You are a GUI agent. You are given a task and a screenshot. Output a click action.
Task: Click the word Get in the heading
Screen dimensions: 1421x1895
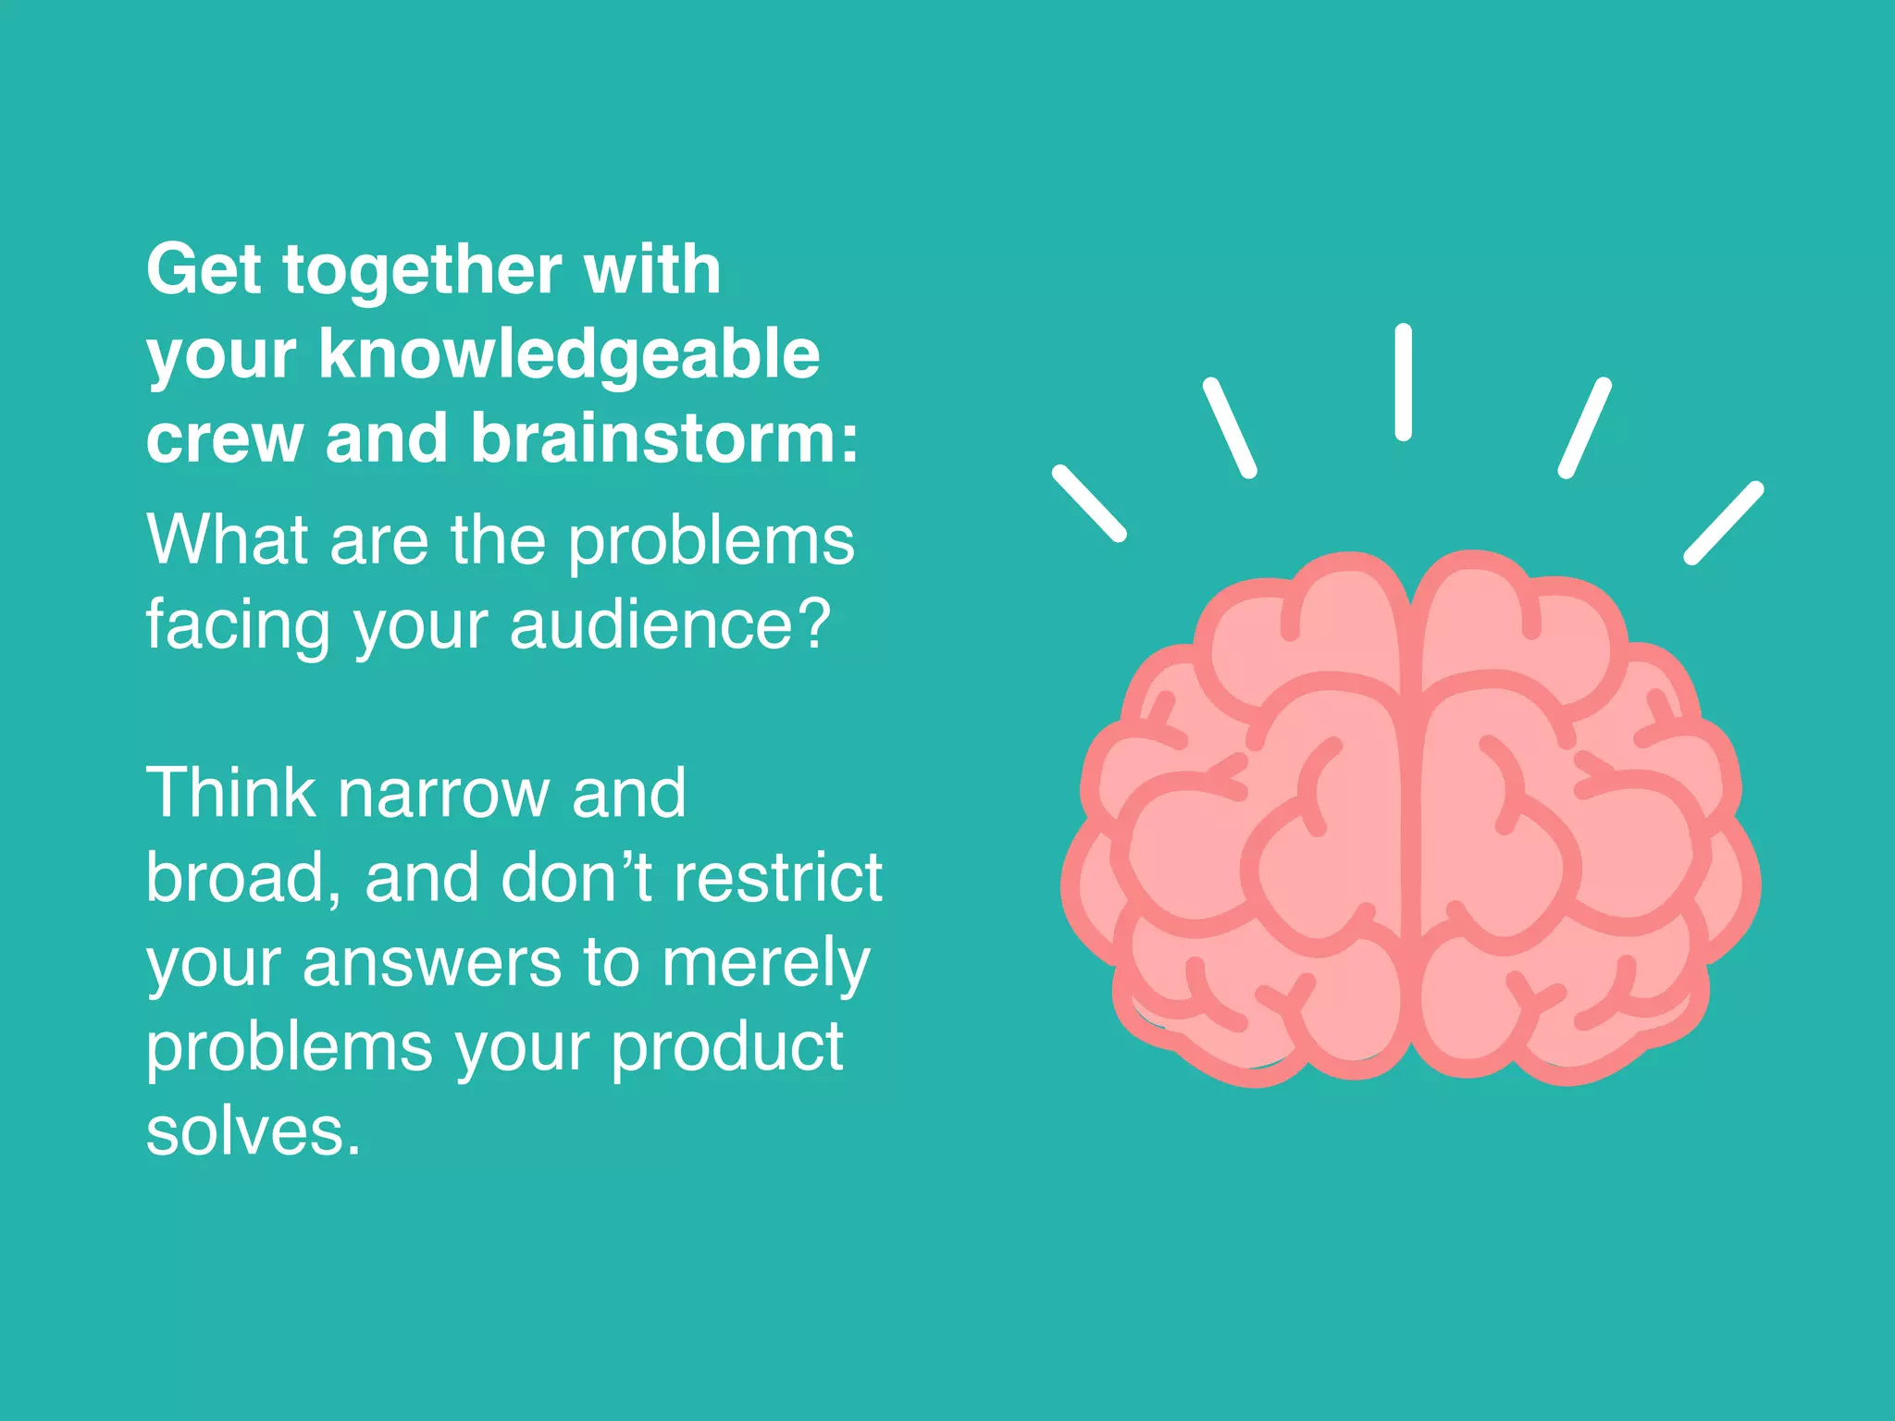coord(204,269)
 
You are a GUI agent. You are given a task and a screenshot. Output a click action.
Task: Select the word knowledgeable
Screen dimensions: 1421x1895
coord(569,356)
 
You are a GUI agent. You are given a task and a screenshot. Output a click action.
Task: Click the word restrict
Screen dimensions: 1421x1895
coord(777,877)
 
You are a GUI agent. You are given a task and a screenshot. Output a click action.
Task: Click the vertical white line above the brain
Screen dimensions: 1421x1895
coord(1403,381)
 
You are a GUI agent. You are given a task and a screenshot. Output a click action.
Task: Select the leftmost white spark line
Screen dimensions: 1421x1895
coord(1089,502)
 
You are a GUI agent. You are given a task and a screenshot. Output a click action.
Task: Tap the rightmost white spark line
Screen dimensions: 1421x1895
coord(1723,523)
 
